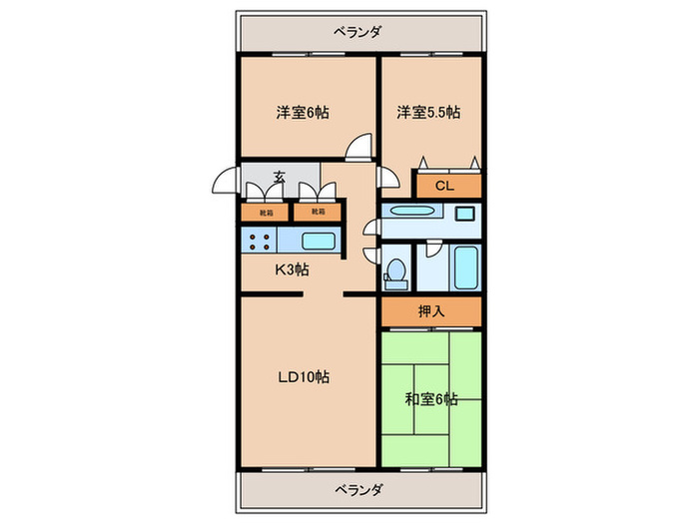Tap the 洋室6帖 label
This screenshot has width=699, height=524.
[302, 113]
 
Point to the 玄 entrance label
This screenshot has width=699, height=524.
[281, 178]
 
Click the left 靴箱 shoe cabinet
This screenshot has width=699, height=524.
[264, 212]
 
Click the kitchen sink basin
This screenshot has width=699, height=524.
[319, 241]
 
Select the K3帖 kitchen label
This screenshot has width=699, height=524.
[292, 269]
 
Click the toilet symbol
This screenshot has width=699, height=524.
[395, 269]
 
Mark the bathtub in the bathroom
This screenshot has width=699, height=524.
[465, 265]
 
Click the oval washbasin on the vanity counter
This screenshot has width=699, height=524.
[407, 212]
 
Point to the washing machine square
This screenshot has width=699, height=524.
[464, 212]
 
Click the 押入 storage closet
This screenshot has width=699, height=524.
[431, 310]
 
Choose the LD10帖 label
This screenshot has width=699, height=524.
[303, 377]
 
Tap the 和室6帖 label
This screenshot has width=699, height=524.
[431, 399]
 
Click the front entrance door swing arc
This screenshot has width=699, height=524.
[224, 184]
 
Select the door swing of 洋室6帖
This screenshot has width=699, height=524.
[356, 150]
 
